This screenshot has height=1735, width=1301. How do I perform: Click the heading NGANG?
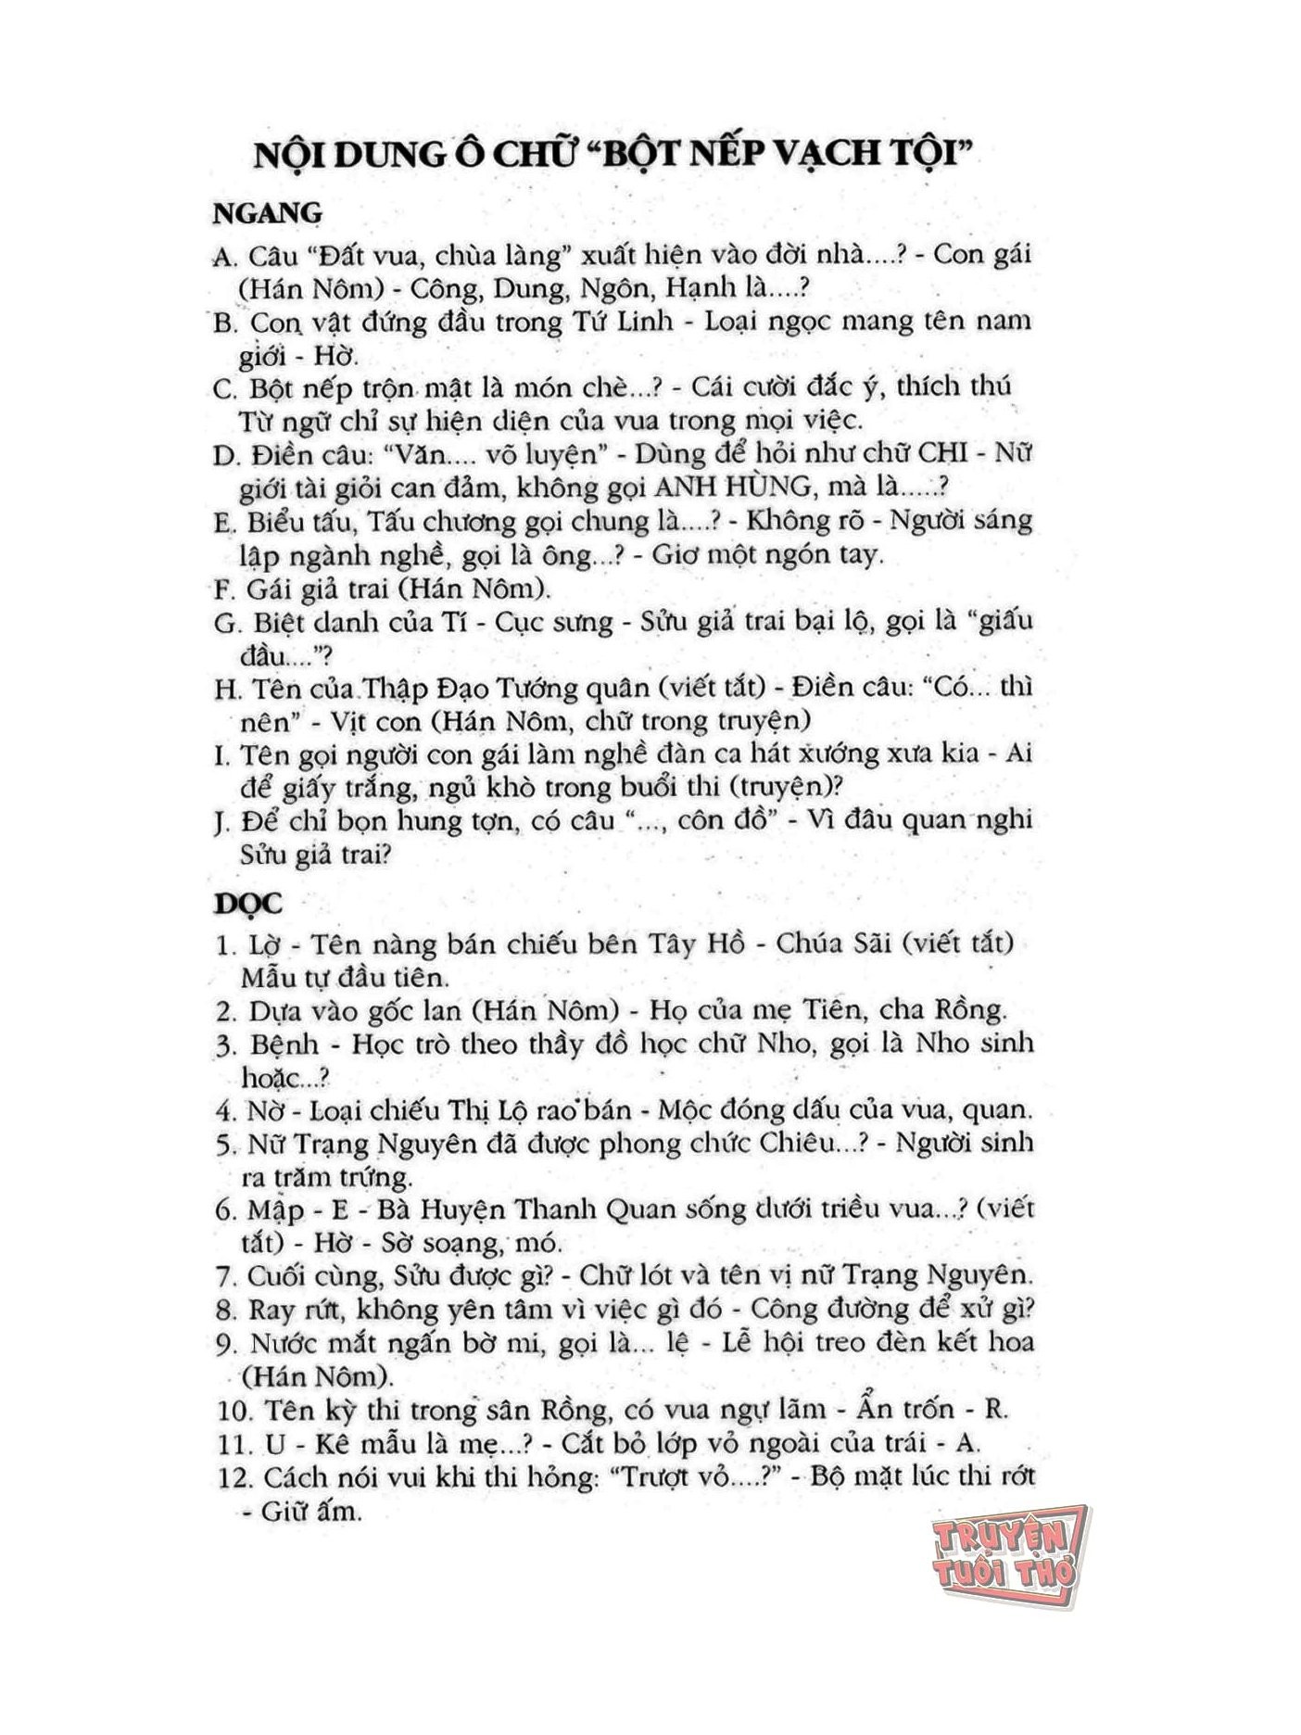point(268,213)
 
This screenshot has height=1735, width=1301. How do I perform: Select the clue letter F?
point(225,589)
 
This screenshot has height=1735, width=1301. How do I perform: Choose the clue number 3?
point(226,1045)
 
